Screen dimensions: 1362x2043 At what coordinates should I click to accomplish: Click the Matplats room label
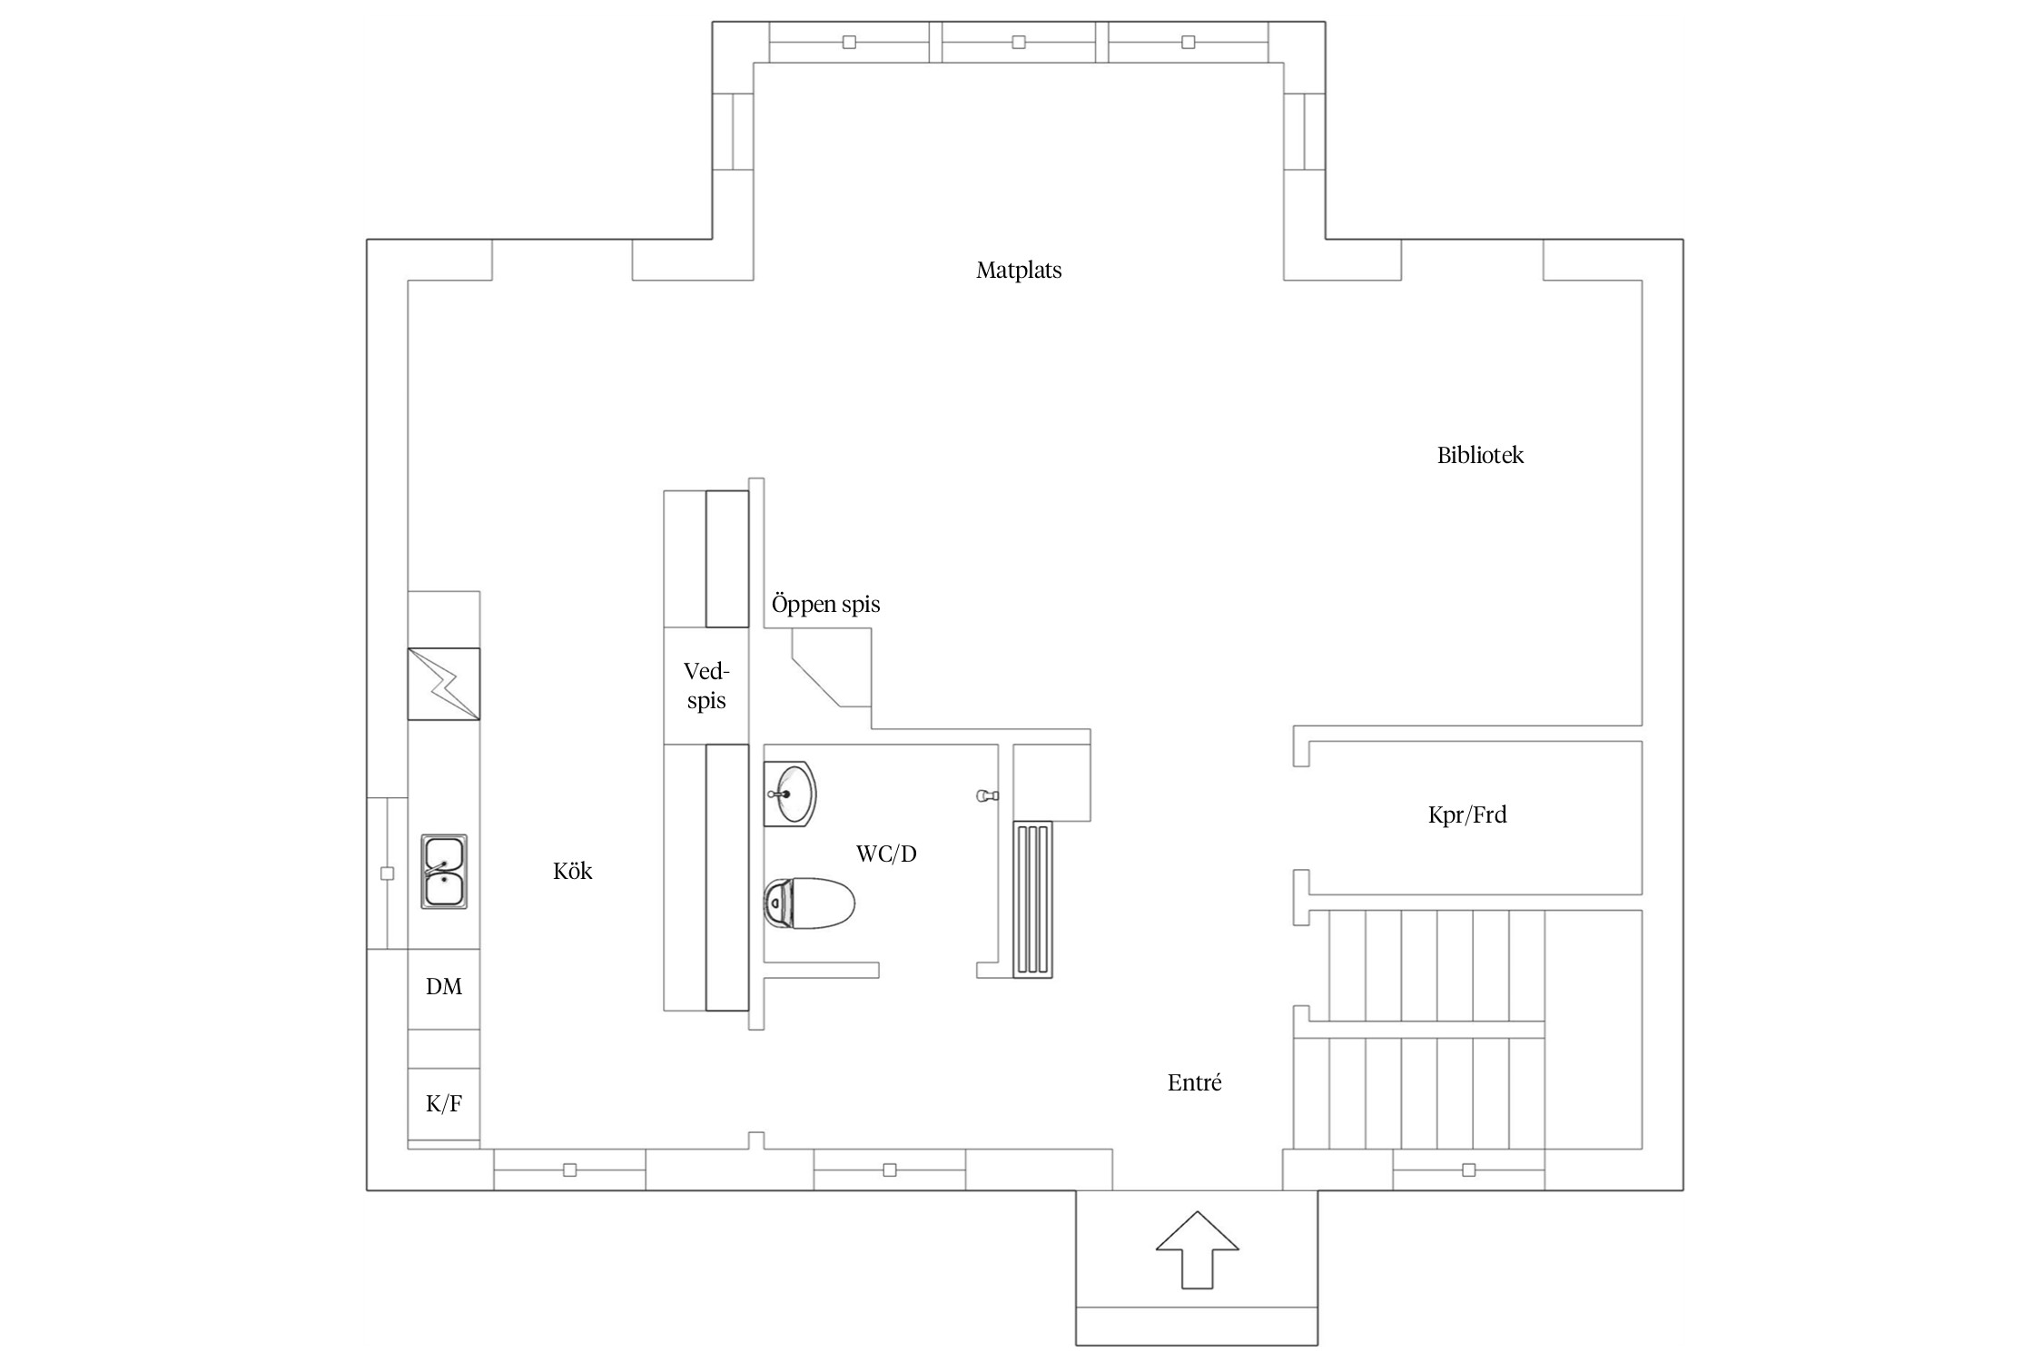(1018, 271)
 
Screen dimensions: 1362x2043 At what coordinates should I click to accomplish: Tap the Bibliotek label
(1479, 456)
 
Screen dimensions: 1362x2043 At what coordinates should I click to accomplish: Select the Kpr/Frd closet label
(1466, 815)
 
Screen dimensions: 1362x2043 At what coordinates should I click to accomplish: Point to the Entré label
(1194, 1082)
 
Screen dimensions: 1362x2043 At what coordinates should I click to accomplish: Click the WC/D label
(885, 854)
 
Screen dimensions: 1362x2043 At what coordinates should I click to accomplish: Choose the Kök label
(572, 872)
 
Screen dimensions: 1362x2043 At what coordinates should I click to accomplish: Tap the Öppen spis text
(825, 605)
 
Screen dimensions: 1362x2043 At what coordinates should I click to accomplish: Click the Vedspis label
(706, 686)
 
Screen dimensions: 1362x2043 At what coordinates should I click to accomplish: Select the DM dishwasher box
(443, 988)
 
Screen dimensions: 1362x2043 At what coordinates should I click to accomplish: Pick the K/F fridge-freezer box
(443, 1104)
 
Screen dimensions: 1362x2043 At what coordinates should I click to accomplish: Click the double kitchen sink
(443, 872)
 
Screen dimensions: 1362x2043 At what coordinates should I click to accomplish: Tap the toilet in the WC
(809, 903)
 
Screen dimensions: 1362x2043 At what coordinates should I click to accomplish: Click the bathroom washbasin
(790, 794)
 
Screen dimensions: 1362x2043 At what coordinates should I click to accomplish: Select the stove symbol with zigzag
(443, 684)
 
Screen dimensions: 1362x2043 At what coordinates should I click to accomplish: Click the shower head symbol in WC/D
(987, 796)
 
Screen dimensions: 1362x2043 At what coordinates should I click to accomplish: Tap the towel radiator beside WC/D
(1032, 899)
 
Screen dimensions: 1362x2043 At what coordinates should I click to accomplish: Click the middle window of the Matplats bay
(1018, 42)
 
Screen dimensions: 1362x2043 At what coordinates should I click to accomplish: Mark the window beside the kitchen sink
(387, 873)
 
